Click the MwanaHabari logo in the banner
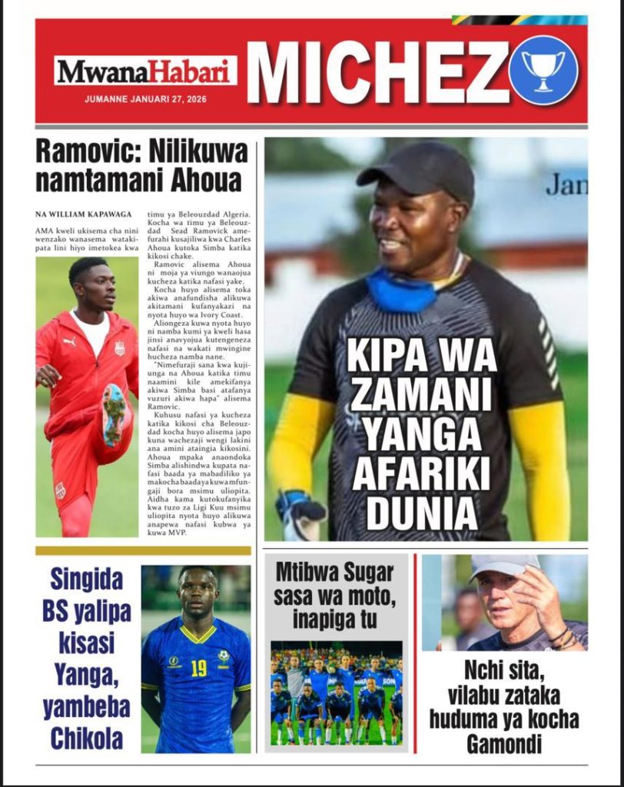[145, 71]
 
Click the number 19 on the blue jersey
[198, 668]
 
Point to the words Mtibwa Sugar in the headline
[334, 573]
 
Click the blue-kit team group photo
[336, 692]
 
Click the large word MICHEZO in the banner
[377, 71]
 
